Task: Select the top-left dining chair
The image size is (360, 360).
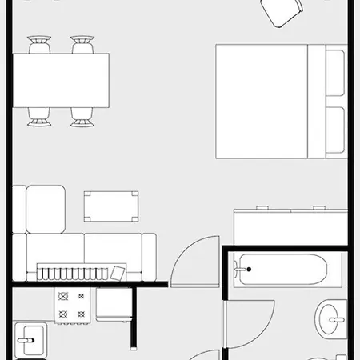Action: pos(39,45)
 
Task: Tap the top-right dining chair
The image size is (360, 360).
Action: pos(82,45)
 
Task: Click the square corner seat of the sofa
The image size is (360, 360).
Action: pos(45,209)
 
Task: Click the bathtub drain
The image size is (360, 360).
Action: pos(247,269)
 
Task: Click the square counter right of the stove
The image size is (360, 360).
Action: pos(112,304)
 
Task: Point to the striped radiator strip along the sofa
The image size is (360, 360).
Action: pos(76,272)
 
